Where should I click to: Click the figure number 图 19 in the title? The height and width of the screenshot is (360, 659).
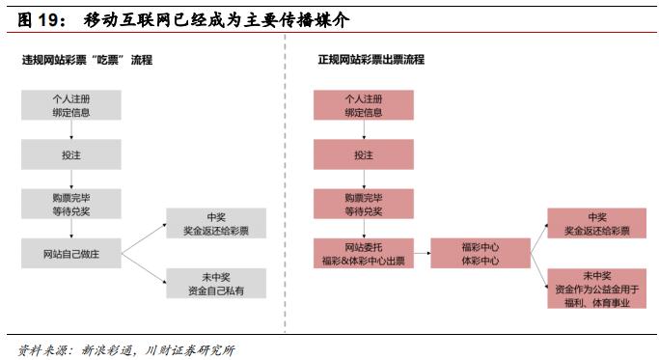[x=37, y=19]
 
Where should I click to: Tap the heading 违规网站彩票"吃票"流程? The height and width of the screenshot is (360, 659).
[x=87, y=60]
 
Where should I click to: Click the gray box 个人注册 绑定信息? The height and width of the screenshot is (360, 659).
[x=73, y=105]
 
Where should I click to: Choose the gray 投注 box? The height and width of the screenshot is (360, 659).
[x=73, y=154]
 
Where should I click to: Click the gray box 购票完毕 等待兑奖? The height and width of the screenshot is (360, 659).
[x=73, y=204]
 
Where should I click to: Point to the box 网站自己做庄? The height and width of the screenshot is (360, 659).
[x=73, y=253]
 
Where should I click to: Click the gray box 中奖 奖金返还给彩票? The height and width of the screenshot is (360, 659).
[x=215, y=224]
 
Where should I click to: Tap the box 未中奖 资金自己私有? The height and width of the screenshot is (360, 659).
[x=215, y=283]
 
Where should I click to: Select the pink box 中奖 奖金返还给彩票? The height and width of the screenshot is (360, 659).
[x=596, y=224]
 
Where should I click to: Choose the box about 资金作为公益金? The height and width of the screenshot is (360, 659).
[x=596, y=289]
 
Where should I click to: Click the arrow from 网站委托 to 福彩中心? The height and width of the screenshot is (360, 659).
[x=422, y=254]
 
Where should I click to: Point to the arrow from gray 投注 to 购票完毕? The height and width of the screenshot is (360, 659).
[x=73, y=179]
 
